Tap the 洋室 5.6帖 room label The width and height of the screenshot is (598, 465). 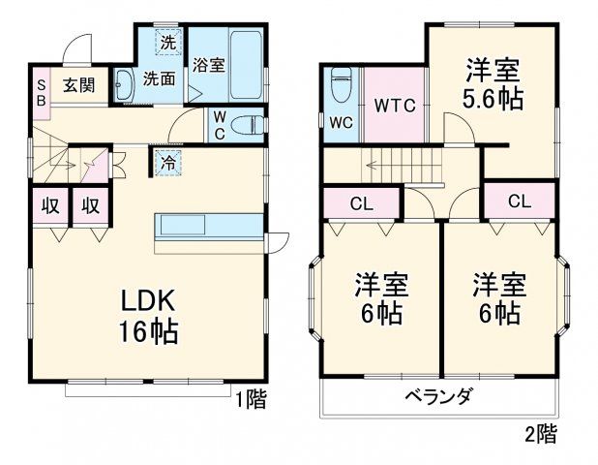(x=493, y=85)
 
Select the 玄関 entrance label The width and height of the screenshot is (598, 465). (x=79, y=84)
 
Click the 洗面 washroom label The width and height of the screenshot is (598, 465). (x=159, y=78)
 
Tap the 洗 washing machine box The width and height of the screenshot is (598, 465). (x=168, y=43)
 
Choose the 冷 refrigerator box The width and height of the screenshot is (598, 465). (x=166, y=162)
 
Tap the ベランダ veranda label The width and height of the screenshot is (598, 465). (x=438, y=396)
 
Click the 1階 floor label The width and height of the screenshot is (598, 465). (x=251, y=397)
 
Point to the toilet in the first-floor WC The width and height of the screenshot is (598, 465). (x=247, y=124)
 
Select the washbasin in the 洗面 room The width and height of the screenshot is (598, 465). (x=125, y=85)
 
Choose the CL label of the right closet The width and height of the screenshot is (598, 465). (x=519, y=201)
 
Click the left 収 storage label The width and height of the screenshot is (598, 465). (x=50, y=205)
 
